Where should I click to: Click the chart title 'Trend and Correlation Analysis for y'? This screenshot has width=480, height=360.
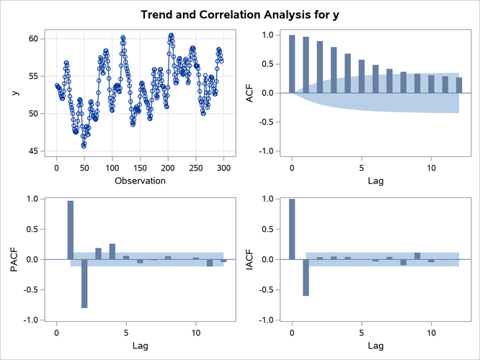[x=240, y=14]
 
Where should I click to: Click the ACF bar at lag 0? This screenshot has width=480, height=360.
[x=292, y=64]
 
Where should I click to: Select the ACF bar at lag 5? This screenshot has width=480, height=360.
[x=361, y=76]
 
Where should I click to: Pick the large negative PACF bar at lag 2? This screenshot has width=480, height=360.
[x=84, y=283]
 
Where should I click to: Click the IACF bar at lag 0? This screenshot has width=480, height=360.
[x=292, y=229]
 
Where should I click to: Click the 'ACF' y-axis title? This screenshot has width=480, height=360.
[x=250, y=93]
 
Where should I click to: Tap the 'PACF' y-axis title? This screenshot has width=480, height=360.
[x=14, y=259]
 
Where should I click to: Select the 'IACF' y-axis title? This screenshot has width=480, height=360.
[x=250, y=259]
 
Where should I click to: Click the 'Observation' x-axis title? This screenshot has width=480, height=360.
[x=139, y=180]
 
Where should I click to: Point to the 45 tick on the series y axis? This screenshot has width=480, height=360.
[x=35, y=151]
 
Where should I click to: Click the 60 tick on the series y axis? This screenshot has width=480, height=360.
[x=35, y=39]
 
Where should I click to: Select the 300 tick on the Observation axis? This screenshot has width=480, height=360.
[x=223, y=167]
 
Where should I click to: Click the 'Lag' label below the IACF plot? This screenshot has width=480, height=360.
[x=375, y=346]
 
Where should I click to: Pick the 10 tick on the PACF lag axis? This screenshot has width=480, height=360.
[x=195, y=333]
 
